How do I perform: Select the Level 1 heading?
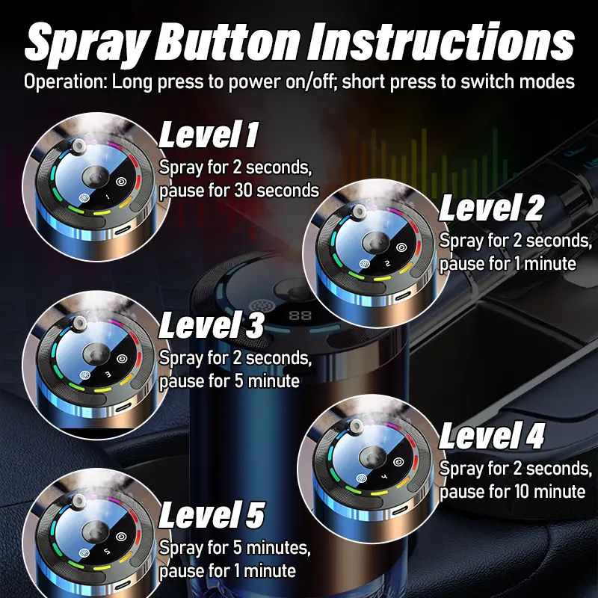209,135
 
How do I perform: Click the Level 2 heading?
491,208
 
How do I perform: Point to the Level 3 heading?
211,325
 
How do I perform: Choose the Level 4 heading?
492,436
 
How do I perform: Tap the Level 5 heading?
212,515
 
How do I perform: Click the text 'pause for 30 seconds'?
239,191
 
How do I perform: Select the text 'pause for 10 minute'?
512,491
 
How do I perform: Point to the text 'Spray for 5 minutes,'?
235,548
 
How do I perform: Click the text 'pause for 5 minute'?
229,381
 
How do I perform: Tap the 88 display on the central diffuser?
300,315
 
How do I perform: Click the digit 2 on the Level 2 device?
388,263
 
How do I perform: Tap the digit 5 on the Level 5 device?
107,552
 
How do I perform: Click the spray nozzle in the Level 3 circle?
79,323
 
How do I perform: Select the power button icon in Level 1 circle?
122,182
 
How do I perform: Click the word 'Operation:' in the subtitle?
66,82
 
